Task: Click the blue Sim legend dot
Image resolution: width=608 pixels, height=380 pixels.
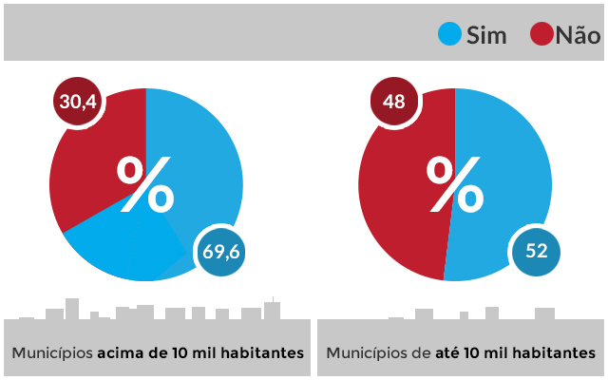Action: coord(449,35)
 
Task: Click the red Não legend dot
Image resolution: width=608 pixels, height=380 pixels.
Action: coord(541,35)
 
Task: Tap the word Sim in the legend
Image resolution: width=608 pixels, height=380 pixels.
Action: coord(486,36)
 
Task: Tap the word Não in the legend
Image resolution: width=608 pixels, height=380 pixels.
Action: coord(578,36)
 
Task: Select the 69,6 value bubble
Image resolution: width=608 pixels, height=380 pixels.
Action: coord(221,252)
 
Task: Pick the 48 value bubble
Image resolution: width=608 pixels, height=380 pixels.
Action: coord(394,102)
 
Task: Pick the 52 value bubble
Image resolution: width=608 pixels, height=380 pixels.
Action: coord(537,252)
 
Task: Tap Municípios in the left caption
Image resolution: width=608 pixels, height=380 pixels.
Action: coord(52,352)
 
